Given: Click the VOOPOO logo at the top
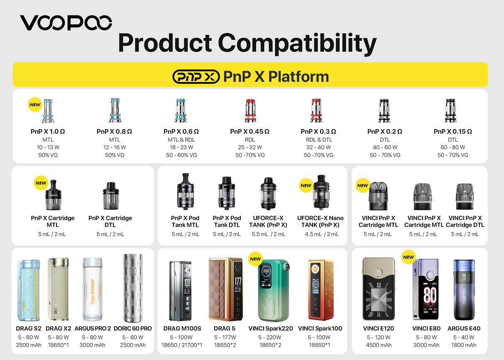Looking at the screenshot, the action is coord(66,22).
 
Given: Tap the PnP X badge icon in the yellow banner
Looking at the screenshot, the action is coord(196,76).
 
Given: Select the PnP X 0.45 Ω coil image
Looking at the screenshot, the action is coord(250,110).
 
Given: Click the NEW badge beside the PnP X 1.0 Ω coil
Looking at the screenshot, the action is coord(35,105).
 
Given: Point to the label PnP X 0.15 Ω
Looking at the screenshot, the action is coord(453,131).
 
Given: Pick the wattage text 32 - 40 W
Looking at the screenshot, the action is coord(318,147).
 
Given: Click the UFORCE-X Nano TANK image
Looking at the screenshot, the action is coord(321,192).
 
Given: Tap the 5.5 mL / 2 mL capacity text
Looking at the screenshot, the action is coord(269,234).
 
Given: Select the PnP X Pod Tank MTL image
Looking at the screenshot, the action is coord(186,191).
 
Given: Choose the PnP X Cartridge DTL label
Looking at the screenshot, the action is coord(110,221).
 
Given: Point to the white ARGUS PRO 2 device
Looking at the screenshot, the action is coord(93,289).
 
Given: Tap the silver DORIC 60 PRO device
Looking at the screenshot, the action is coord(133,288).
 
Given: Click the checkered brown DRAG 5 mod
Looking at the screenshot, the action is coord(226,289).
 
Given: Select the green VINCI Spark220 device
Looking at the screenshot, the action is coord(273,290).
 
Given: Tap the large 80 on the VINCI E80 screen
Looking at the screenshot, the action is coord(430,295).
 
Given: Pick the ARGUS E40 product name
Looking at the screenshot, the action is coord(464,328).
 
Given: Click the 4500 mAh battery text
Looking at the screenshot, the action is coord(379,345).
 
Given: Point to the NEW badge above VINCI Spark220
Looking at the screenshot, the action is coord(255,259).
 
